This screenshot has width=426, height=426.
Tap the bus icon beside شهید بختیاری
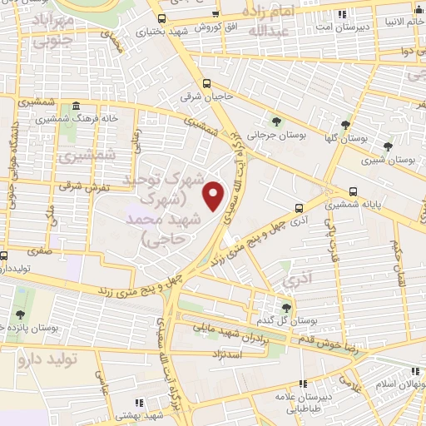tap(161, 17)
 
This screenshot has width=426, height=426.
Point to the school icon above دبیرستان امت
tap(341, 13)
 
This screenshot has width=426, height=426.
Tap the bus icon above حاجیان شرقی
tap(207, 83)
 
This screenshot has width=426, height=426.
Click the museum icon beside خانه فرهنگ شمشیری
tap(77, 106)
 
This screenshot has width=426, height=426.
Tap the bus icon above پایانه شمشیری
tap(354, 190)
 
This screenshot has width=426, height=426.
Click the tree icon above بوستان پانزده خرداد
tap(20, 315)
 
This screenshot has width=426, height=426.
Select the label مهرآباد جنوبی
tap(41, 28)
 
